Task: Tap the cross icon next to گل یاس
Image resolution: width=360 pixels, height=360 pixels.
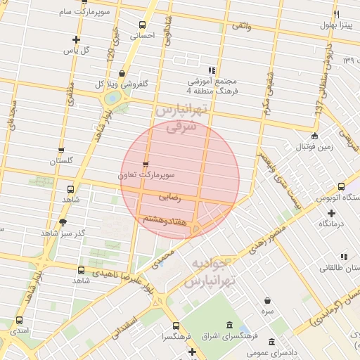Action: (x=76, y=39)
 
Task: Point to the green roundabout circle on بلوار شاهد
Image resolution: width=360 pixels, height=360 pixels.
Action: (x=111, y=98)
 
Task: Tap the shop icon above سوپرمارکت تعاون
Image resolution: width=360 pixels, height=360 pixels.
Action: (x=146, y=164)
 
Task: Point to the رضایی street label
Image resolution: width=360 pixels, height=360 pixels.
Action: (x=170, y=198)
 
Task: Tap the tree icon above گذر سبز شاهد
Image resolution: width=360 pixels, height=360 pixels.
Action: (x=63, y=222)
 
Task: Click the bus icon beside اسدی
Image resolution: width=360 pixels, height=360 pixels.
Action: (x=19, y=320)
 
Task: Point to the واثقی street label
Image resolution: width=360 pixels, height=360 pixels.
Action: (x=240, y=25)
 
